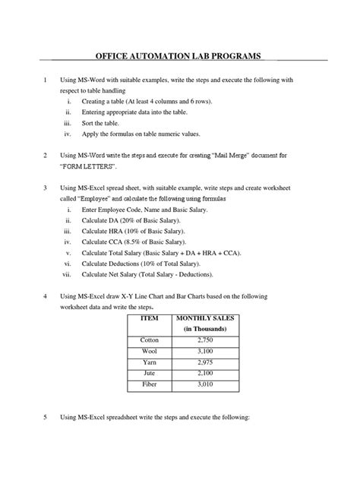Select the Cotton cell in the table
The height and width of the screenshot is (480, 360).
tap(150, 341)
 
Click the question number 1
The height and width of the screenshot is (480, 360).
tap(46, 80)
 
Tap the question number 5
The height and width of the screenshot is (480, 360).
tap(46, 418)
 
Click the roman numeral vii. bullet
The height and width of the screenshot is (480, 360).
tap(67, 273)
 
